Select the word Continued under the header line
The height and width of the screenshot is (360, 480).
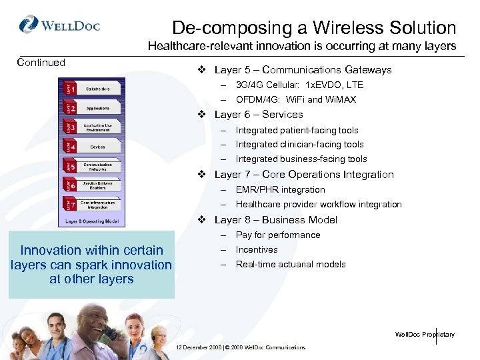[41, 63]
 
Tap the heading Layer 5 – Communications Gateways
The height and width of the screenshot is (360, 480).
[303, 70]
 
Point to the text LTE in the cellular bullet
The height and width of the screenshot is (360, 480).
[355, 85]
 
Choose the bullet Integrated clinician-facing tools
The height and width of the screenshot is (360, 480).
[299, 145]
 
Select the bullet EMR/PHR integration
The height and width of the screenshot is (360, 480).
[280, 190]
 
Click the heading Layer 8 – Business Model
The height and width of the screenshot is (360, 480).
[275, 220]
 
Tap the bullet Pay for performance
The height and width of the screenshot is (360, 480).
[277, 235]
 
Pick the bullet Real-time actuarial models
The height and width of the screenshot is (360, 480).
[290, 265]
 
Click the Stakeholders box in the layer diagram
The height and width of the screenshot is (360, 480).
[97, 88]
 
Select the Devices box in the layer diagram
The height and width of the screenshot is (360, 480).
[97, 147]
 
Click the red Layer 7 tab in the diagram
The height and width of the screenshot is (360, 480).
[70, 203]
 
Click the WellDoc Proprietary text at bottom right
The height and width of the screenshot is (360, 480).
[425, 335]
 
